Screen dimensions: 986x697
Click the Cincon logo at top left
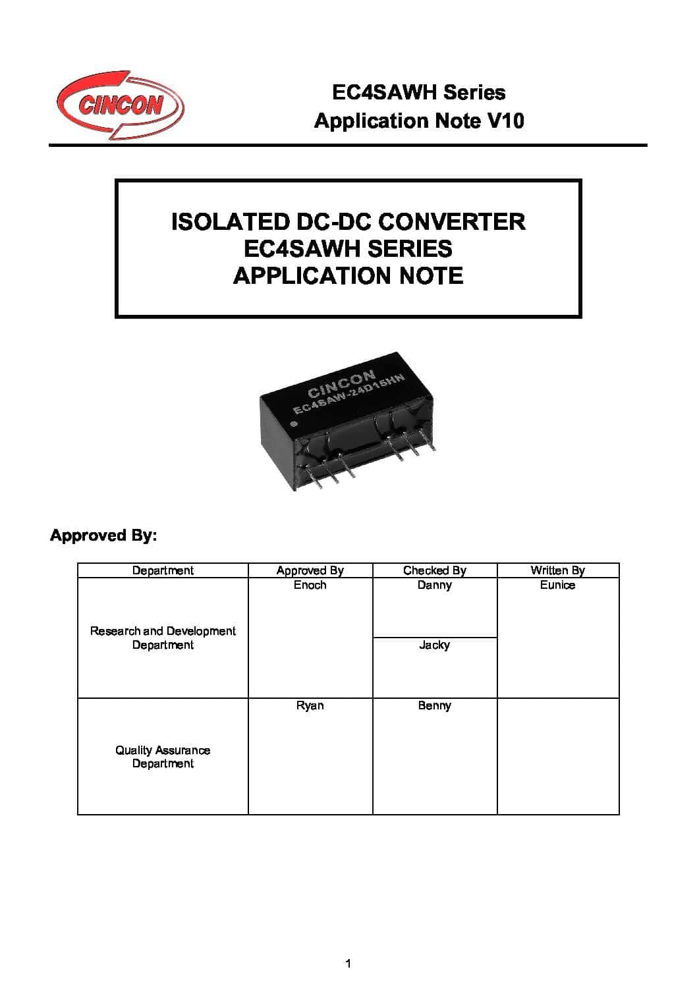pos(119,105)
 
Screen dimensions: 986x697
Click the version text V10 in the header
pos(504,121)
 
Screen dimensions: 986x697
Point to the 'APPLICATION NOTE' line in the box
pos(348,275)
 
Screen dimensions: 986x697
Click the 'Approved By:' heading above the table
pos(103,535)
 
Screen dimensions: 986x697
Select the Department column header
pos(163,570)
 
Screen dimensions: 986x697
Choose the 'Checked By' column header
pos(434,570)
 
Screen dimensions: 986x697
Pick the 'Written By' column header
pos(557,570)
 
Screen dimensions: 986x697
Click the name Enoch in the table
pos(310,585)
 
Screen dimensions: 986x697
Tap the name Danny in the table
pos(434,585)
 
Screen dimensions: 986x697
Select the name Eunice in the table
pos(557,585)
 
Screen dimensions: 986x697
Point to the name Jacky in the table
pos(434,645)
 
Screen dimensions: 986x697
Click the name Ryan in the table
pos(310,705)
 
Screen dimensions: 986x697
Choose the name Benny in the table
pos(434,705)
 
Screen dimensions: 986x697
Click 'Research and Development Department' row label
pos(163,638)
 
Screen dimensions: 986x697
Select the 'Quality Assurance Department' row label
pos(163,757)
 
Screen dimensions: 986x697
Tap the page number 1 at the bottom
pos(348,964)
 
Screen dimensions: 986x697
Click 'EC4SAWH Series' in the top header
pos(418,92)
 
